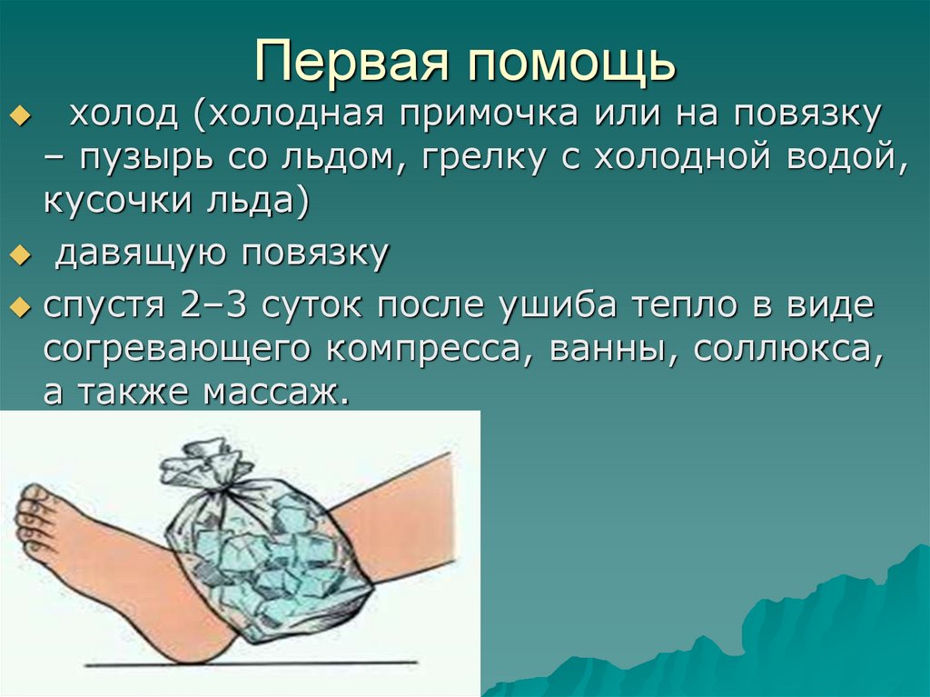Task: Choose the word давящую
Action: pyautogui.click(x=139, y=255)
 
